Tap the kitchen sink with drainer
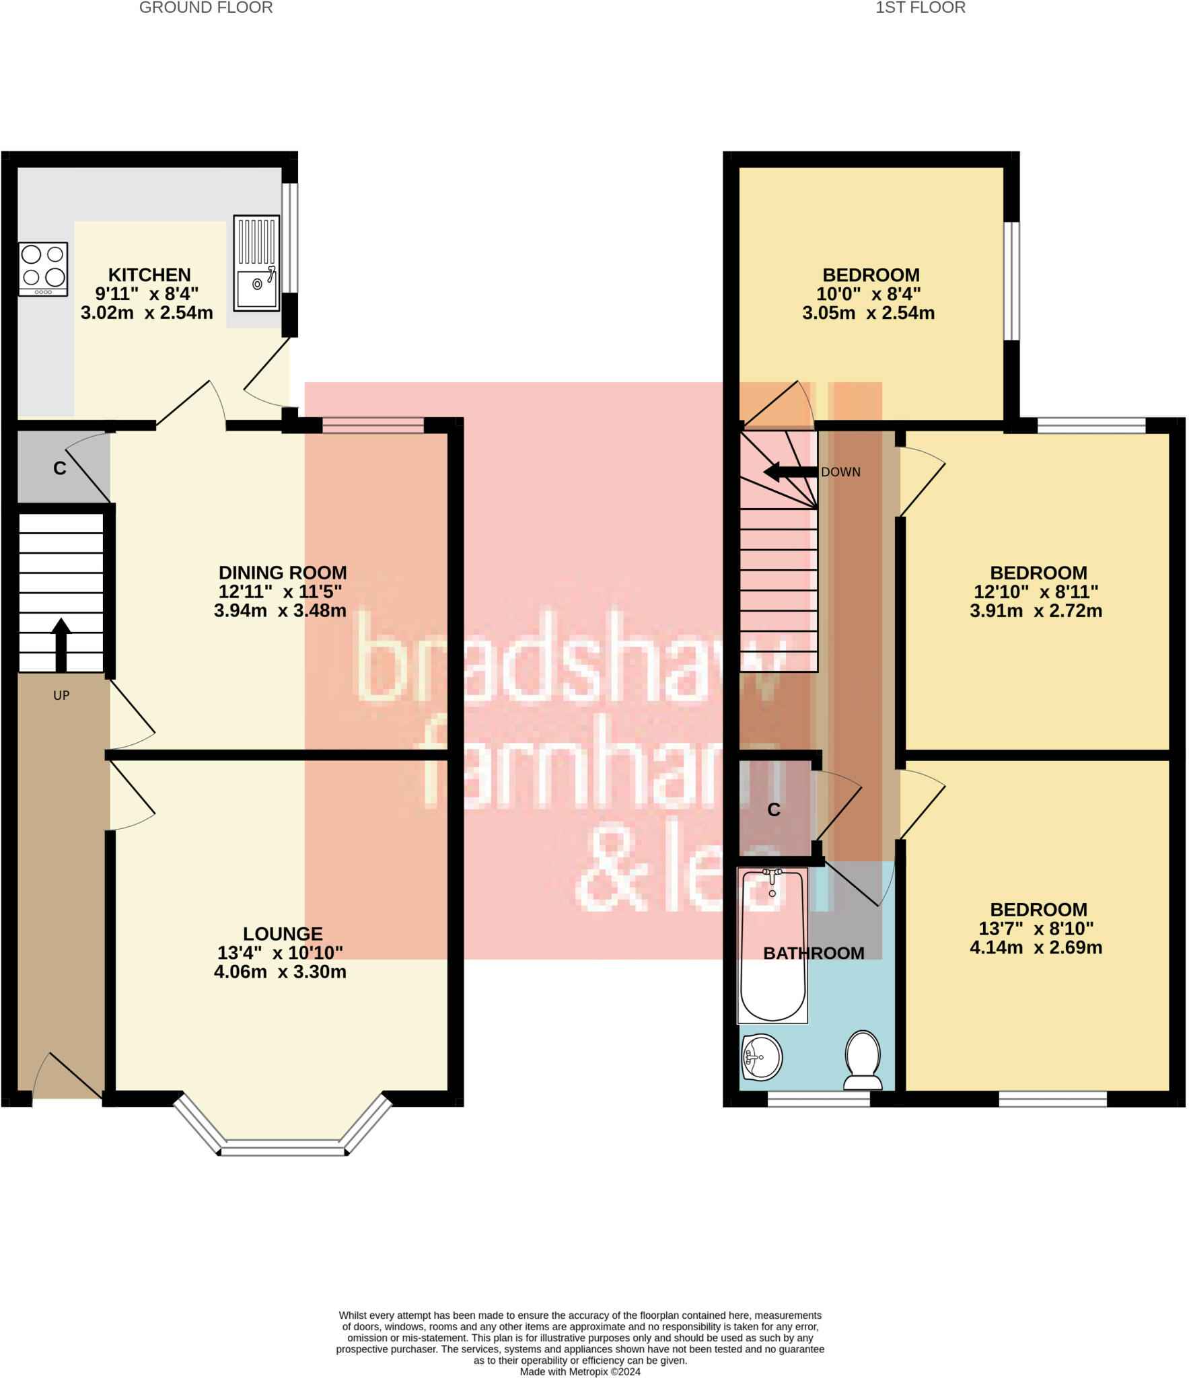click(x=256, y=263)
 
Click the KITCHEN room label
click(x=149, y=275)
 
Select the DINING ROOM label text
click(x=283, y=573)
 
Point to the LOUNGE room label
click(x=283, y=934)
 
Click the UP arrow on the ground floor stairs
click(x=61, y=645)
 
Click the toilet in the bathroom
click(x=863, y=1060)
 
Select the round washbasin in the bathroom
click(x=762, y=1056)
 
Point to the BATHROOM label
click(x=814, y=953)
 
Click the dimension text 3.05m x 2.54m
click(x=868, y=313)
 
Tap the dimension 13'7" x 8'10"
click(x=1036, y=929)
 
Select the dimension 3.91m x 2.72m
click(x=1036, y=611)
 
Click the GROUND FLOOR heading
click(x=206, y=8)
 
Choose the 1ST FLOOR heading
click(x=920, y=8)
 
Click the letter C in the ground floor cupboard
click(x=60, y=468)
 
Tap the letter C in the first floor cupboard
click(x=774, y=810)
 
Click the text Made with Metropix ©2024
click(x=580, y=1371)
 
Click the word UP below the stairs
click(x=61, y=696)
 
